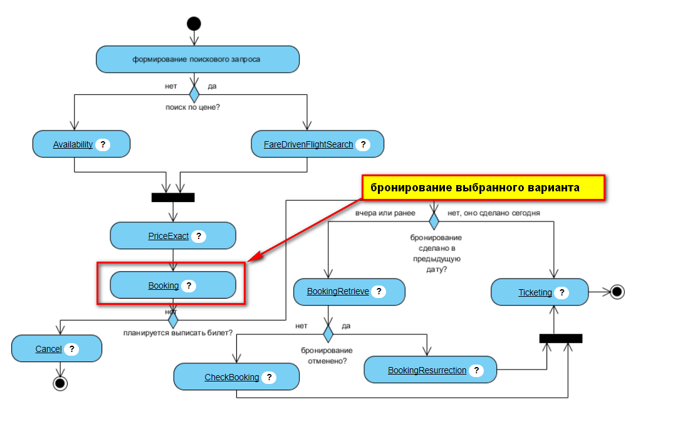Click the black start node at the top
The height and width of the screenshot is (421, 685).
(x=194, y=24)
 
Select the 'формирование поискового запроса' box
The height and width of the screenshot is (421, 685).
(x=197, y=60)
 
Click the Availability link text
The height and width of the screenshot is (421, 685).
(x=73, y=144)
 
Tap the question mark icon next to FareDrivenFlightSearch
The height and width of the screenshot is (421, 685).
(x=362, y=144)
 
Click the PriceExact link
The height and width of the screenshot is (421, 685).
(x=168, y=237)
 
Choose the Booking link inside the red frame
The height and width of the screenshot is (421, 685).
(x=163, y=285)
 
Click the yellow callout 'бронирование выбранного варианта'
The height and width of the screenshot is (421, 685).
(x=483, y=188)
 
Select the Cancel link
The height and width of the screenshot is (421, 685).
(x=48, y=349)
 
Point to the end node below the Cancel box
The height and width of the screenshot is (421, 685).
(x=60, y=383)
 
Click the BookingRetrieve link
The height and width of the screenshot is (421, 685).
(x=338, y=292)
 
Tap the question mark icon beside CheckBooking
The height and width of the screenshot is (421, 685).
(x=269, y=377)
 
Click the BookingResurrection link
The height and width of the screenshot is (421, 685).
(x=427, y=370)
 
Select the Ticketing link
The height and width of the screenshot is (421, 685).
(x=535, y=292)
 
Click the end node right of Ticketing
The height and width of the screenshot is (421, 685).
(x=617, y=292)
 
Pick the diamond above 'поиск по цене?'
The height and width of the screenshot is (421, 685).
(x=194, y=94)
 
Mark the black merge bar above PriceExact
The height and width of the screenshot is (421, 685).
(x=173, y=198)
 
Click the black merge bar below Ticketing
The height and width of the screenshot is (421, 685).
(x=561, y=338)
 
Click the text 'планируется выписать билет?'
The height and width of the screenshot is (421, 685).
(x=178, y=333)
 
